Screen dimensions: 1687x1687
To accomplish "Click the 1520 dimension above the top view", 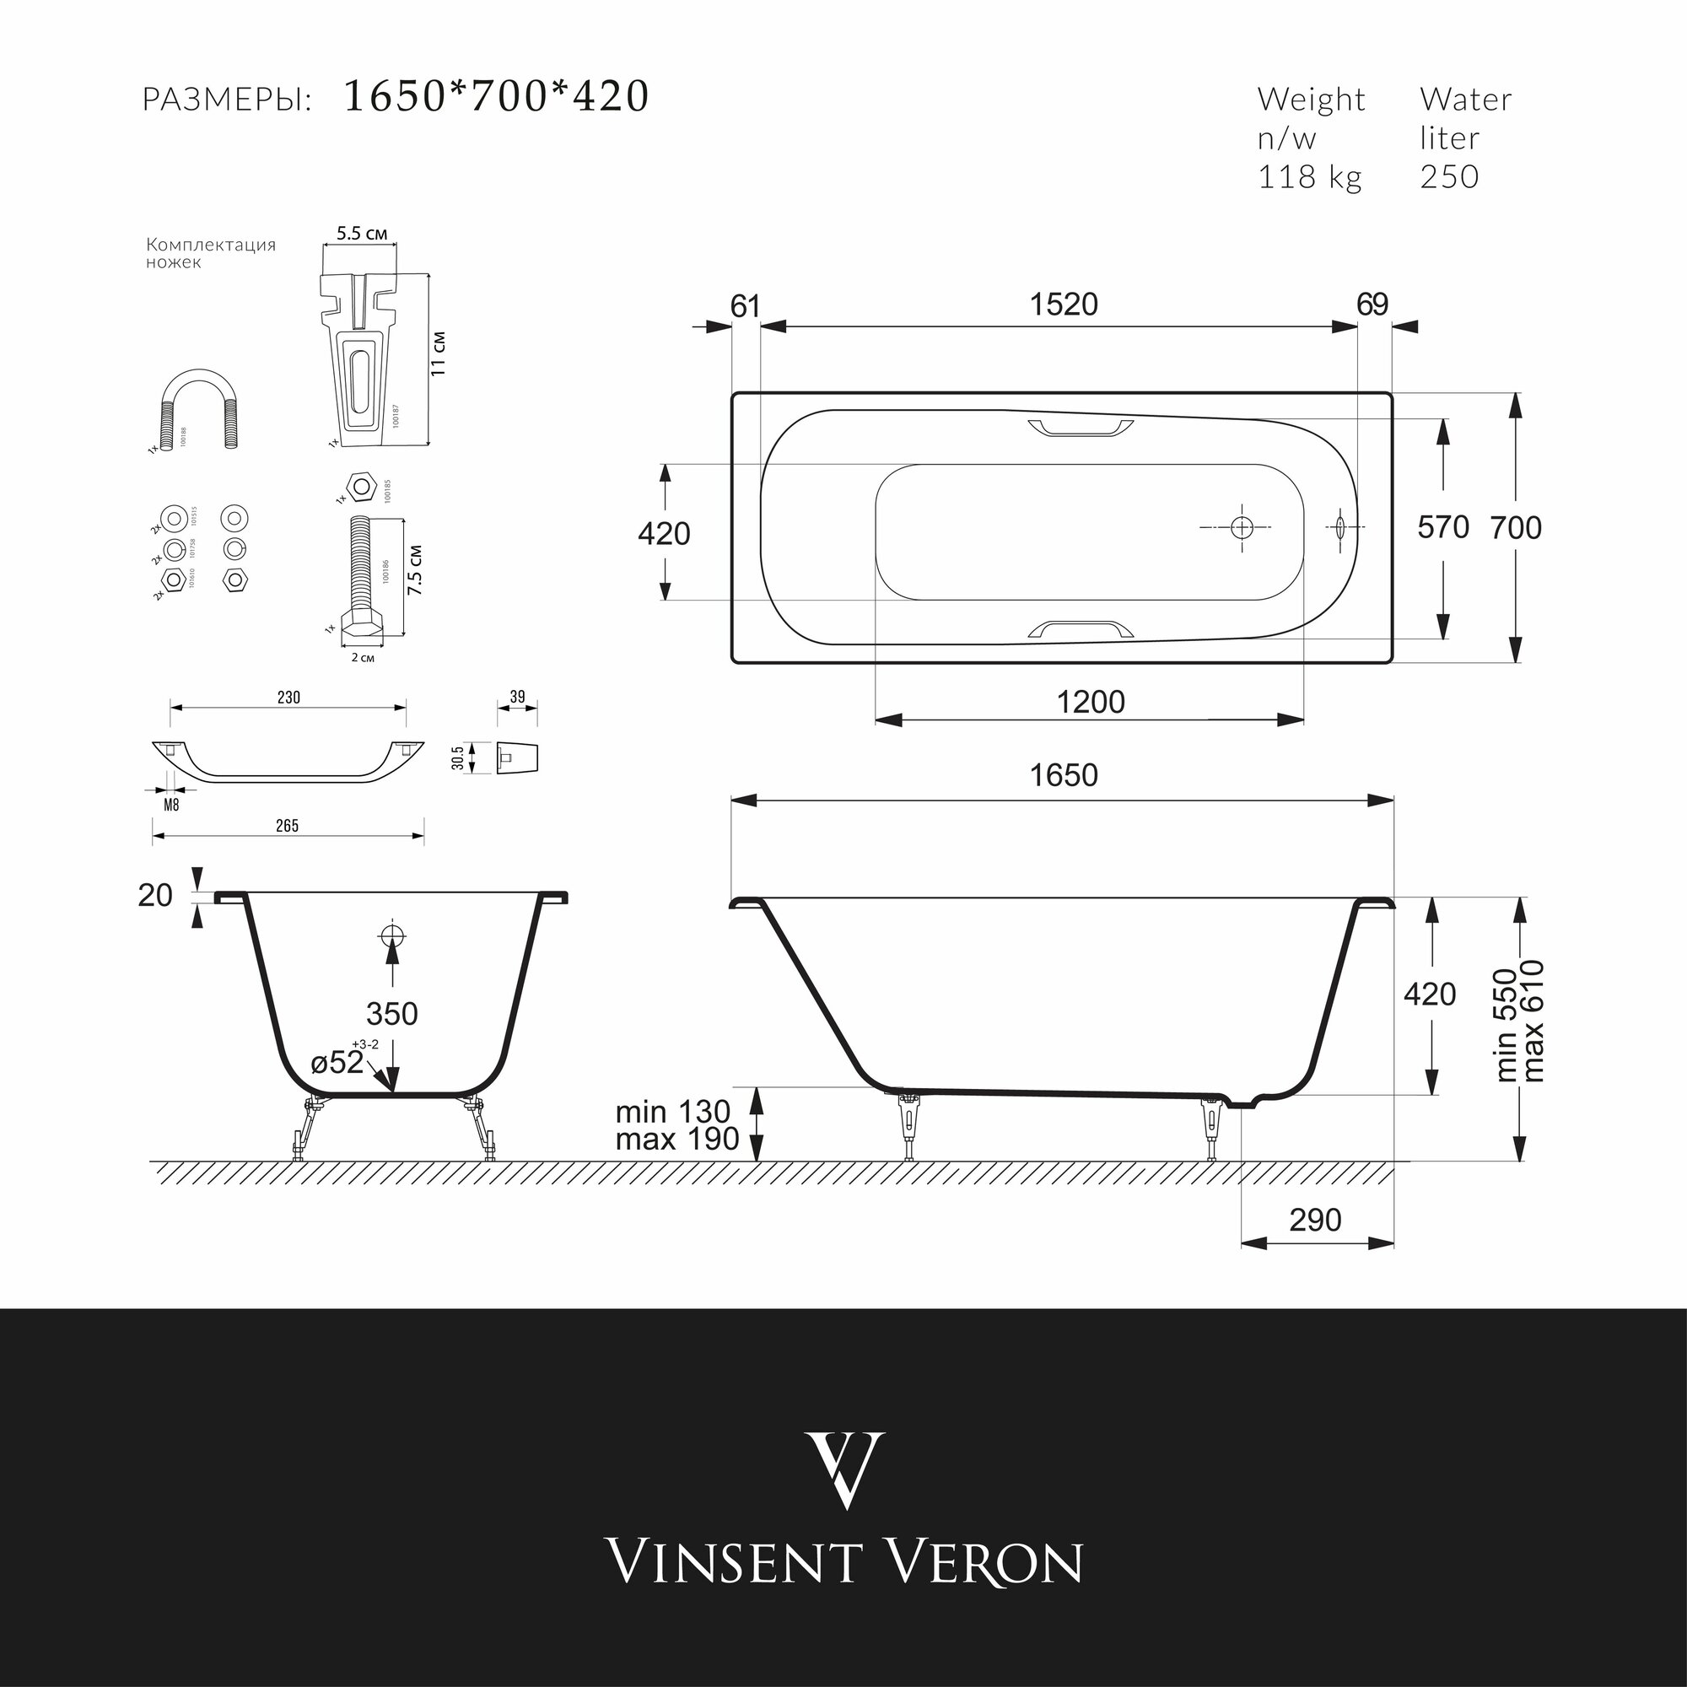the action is (x=1063, y=305).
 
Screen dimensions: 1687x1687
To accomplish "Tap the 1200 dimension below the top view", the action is (x=1091, y=702).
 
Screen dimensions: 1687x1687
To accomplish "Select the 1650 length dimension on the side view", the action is (x=1063, y=775).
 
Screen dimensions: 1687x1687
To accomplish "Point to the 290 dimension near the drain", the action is (x=1315, y=1220).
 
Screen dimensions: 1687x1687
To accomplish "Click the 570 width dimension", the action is (x=1442, y=527).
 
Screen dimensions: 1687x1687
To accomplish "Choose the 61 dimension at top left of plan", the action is (x=745, y=306).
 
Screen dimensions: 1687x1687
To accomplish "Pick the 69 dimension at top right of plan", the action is (x=1372, y=305).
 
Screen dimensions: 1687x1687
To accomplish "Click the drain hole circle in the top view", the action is (x=1242, y=527).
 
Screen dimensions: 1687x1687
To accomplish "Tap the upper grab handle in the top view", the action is (x=1081, y=427).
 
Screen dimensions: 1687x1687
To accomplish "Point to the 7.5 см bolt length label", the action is (x=415, y=571).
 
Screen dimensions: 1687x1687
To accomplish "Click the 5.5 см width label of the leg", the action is (x=362, y=234).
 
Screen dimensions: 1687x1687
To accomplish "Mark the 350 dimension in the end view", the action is (x=392, y=1014).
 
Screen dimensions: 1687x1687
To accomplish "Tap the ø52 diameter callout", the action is (x=337, y=1063).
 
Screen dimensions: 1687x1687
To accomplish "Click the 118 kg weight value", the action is (x=1309, y=177).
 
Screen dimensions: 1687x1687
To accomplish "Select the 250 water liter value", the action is (x=1448, y=177).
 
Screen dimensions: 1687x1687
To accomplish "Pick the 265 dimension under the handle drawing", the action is (x=288, y=826).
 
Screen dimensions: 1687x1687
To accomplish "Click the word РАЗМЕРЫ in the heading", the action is (x=227, y=100).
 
